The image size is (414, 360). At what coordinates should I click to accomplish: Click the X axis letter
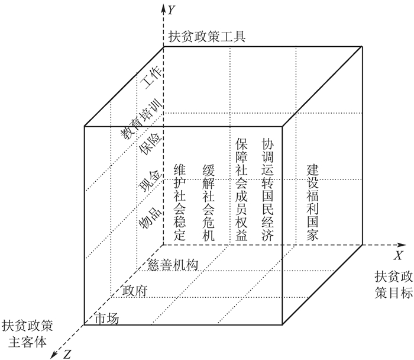[399, 255]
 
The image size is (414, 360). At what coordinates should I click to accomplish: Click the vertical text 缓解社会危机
[208, 202]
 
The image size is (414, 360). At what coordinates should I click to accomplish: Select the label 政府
[134, 291]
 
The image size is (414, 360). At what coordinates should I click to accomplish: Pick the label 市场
[107, 319]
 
